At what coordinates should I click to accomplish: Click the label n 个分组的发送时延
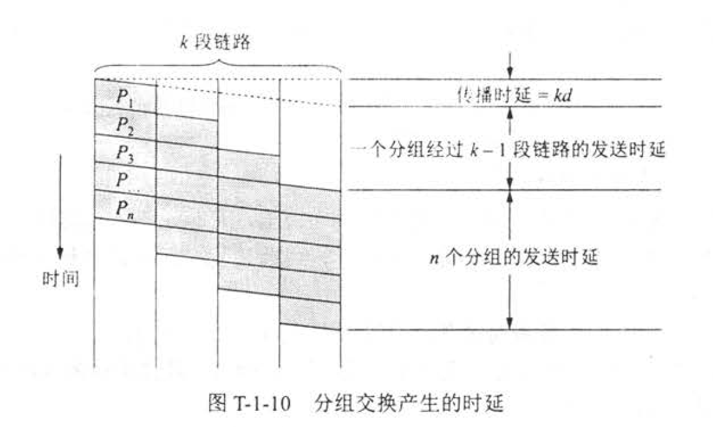pos(515,257)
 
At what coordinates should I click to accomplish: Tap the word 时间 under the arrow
pos(60,278)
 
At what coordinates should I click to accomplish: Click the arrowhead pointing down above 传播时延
pos(510,72)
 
